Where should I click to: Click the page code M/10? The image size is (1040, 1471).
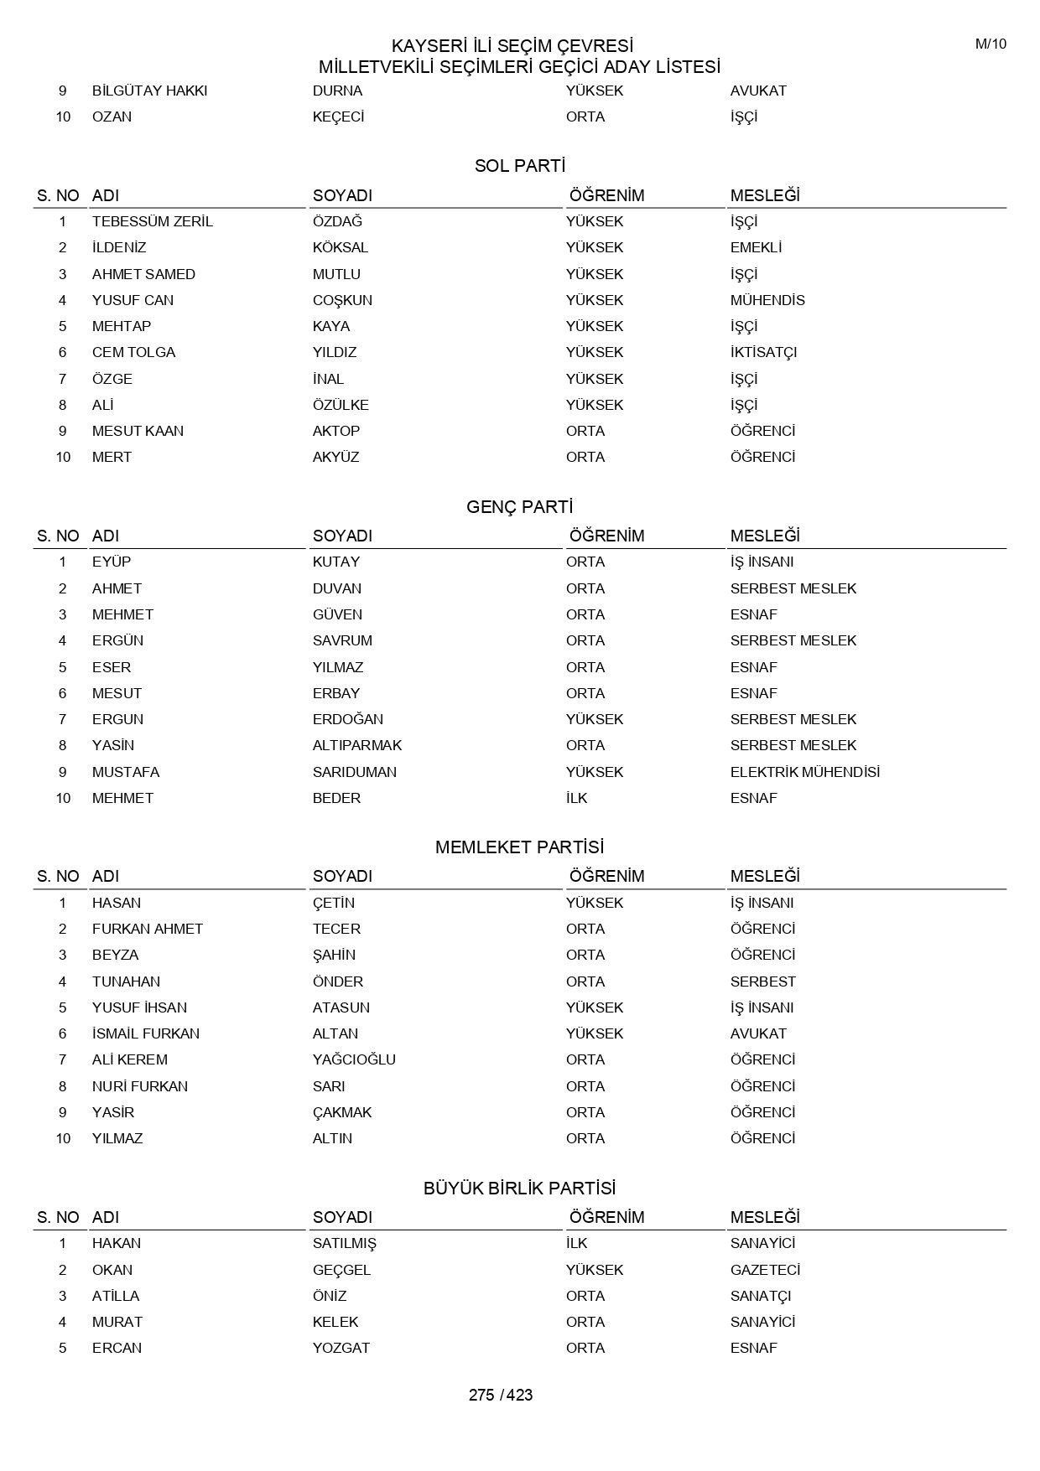pyautogui.click(x=991, y=44)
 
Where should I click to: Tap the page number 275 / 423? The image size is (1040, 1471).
pyautogui.click(x=501, y=1395)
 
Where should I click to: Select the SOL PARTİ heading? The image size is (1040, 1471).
pyautogui.click(x=520, y=166)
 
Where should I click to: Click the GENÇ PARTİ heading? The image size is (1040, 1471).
pyautogui.click(x=520, y=507)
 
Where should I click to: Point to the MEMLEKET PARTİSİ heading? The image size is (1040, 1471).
pyautogui.click(x=520, y=847)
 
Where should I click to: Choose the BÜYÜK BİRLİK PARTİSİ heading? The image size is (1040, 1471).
pyautogui.click(x=520, y=1189)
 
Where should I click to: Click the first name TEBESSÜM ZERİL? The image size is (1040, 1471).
pyautogui.click(x=153, y=221)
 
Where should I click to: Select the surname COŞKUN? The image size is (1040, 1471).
pyautogui.click(x=342, y=300)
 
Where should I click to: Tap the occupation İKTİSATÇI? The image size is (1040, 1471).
pyautogui.click(x=763, y=352)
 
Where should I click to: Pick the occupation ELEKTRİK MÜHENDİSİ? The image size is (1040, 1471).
pyautogui.click(x=805, y=772)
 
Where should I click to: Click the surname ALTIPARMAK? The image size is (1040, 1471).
pyautogui.click(x=357, y=745)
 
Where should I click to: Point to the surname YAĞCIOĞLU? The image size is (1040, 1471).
pyautogui.click(x=354, y=1059)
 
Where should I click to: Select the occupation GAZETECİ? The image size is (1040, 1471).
pyautogui.click(x=765, y=1270)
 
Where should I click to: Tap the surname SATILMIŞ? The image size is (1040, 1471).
pyautogui.click(x=345, y=1243)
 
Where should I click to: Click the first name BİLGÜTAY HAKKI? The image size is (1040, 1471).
pyautogui.click(x=150, y=91)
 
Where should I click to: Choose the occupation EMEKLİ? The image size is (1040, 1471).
pyautogui.click(x=756, y=247)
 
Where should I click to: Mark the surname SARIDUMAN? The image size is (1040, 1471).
pyautogui.click(x=355, y=772)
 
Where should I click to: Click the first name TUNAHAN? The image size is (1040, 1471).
pyautogui.click(x=126, y=982)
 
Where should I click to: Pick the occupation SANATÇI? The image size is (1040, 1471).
pyautogui.click(x=761, y=1296)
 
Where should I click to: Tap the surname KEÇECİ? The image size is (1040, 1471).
pyautogui.click(x=339, y=117)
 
